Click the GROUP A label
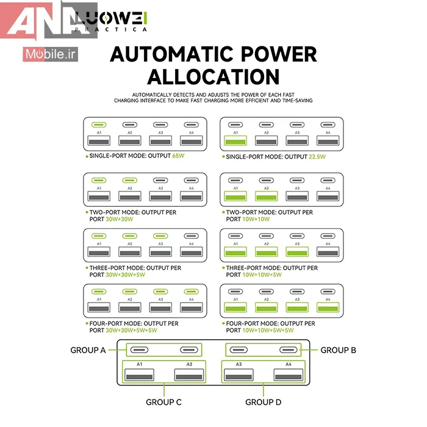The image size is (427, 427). tap(88, 350)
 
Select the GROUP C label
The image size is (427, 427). tap(163, 402)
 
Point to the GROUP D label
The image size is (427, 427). tap(263, 402)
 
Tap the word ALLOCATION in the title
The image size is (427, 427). tap(213, 77)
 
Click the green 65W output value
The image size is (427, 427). tap(179, 156)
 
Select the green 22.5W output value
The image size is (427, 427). tap(317, 156)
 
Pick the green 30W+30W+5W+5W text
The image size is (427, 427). tap(132, 331)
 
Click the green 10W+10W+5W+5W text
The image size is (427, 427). tap(269, 331)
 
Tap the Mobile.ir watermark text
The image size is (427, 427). tap(52, 54)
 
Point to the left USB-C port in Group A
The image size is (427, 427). tap(139, 350)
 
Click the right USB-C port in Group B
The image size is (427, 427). tap(289, 350)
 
